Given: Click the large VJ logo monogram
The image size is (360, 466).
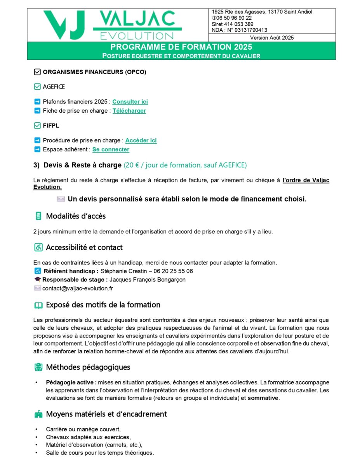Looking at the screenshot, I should pos(64,24).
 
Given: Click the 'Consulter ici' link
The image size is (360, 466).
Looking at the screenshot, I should pos(130,102).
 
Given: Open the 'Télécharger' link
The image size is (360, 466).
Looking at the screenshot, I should pos(129,111).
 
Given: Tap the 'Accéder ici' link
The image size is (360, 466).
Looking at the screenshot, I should pos(141,141).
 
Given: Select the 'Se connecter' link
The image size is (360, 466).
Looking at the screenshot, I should pos(111,150).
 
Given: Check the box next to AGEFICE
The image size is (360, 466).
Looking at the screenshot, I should pos(37,87).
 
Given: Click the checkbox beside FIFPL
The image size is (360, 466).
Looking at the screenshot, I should pos(37,125).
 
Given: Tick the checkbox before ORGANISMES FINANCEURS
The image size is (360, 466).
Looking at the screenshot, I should pos(37,72).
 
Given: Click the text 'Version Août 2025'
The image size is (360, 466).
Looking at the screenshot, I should pos(272,38).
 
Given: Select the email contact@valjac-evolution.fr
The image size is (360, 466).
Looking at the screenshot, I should pos(78,289).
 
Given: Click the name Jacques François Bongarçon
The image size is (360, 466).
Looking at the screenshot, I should pos(148,280).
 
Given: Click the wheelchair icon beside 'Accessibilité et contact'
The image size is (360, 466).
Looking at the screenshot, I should pos(38,247).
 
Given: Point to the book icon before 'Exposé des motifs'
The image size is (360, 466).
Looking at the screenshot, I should pos(38,305).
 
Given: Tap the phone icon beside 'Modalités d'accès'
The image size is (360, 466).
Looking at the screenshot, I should pos(38,216).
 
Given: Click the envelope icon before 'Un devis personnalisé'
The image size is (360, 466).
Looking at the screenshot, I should pos(61,199).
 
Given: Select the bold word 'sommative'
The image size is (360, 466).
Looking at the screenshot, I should pos(263,398).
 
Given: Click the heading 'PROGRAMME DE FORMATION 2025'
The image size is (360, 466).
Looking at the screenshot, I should pos(181,47).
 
